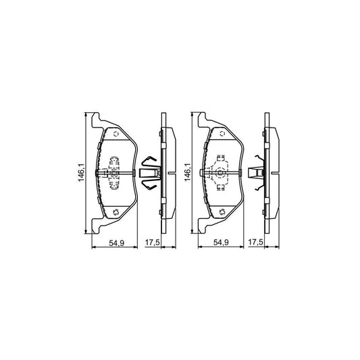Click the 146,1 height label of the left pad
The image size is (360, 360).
click(81, 174)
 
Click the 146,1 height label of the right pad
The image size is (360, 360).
click(186, 174)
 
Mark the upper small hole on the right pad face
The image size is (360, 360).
click(220, 134)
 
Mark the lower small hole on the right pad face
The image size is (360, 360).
click(220, 214)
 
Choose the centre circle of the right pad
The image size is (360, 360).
click(220, 174)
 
